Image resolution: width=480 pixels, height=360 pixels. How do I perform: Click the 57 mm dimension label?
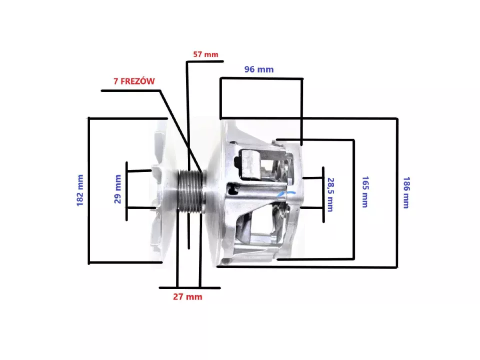[x=205, y=54]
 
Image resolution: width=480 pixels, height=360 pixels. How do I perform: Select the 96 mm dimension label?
[x=258, y=69]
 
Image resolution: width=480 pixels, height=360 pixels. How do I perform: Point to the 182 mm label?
[x=79, y=190]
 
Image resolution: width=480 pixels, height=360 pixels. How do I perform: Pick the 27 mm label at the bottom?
[x=187, y=296]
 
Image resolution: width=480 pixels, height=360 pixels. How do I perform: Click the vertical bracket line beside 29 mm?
[x=127, y=190]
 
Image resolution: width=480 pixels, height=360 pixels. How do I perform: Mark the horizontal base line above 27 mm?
[x=189, y=287]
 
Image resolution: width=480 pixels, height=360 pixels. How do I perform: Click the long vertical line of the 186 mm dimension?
[x=397, y=192]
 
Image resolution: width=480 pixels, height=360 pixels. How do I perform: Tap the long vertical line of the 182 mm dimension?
[x=89, y=190]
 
